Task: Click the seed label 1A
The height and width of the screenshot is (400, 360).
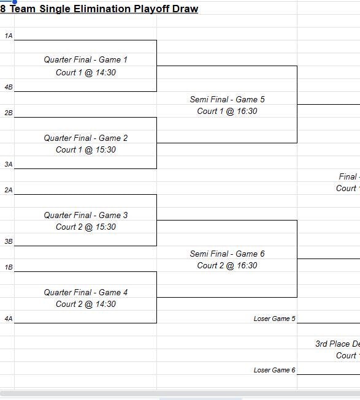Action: (8, 36)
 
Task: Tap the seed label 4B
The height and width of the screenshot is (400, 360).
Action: (8, 88)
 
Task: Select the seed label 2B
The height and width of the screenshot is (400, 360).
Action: (8, 113)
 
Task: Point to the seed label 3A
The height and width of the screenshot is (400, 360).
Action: (8, 165)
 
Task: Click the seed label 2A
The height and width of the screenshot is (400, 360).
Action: (8, 191)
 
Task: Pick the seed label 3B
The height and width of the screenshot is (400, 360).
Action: (8, 242)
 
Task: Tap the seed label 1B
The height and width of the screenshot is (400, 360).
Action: (8, 268)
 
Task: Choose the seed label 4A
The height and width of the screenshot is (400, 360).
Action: (8, 319)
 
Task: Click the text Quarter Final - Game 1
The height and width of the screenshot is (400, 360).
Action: (86, 60)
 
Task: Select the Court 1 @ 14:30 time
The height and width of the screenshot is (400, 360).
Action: (86, 72)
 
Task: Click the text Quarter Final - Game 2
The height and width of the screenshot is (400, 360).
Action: (86, 138)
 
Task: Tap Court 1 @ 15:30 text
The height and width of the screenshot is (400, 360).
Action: (86, 149)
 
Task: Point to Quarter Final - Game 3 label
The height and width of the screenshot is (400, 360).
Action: (86, 215)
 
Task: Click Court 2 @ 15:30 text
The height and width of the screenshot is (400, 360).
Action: (86, 227)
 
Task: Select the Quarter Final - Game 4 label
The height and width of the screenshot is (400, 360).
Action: (86, 292)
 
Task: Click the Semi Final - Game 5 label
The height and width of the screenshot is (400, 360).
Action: (228, 99)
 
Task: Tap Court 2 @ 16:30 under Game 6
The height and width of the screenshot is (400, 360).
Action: (228, 265)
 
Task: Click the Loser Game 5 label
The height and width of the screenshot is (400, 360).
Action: (274, 319)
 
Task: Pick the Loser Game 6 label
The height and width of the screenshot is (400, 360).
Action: (274, 370)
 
